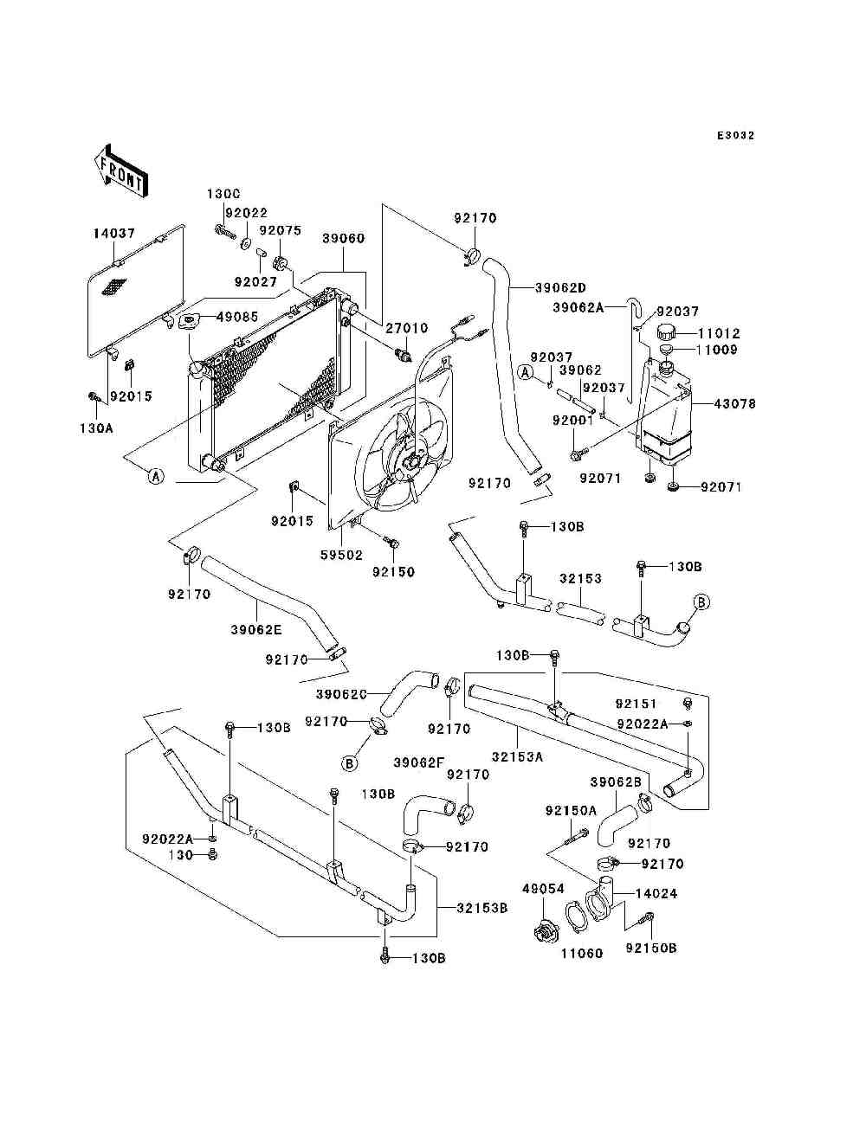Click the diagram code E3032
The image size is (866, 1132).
point(735,136)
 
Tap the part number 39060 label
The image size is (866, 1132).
point(344,238)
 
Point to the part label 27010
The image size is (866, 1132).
point(407,328)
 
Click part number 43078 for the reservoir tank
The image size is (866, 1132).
point(735,403)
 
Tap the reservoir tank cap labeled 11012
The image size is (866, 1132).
point(668,331)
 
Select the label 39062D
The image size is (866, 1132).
point(560,287)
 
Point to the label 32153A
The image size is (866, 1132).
point(517,756)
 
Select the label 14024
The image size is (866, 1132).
point(656,893)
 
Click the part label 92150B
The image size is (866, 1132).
point(650,948)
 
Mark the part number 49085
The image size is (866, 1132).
point(237,317)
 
